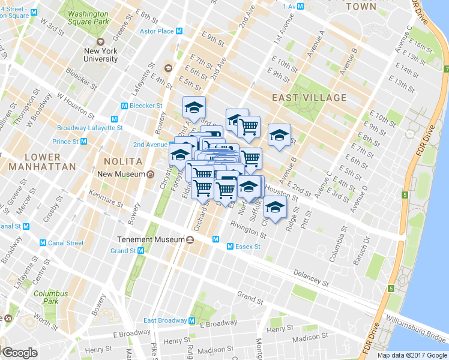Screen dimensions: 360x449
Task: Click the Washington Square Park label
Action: click(x=88, y=17)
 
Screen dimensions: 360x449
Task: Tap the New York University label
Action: click(x=101, y=55)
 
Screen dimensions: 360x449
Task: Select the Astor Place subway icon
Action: click(x=179, y=31)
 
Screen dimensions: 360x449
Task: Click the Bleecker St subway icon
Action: click(x=124, y=106)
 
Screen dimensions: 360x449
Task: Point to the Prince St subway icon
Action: click(x=83, y=142)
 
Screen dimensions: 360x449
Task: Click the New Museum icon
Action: click(x=150, y=175)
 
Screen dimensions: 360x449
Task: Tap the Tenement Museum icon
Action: click(x=190, y=239)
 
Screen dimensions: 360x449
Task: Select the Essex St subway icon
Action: click(x=230, y=246)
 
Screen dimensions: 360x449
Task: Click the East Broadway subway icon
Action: click(x=192, y=320)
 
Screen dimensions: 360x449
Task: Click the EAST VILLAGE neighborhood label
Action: click(x=309, y=97)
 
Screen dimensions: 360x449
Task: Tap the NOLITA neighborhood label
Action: click(x=122, y=161)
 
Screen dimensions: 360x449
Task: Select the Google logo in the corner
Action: click(x=20, y=353)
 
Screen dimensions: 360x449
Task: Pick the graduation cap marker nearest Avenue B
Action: click(x=279, y=136)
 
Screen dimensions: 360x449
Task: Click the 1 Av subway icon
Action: click(x=301, y=6)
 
